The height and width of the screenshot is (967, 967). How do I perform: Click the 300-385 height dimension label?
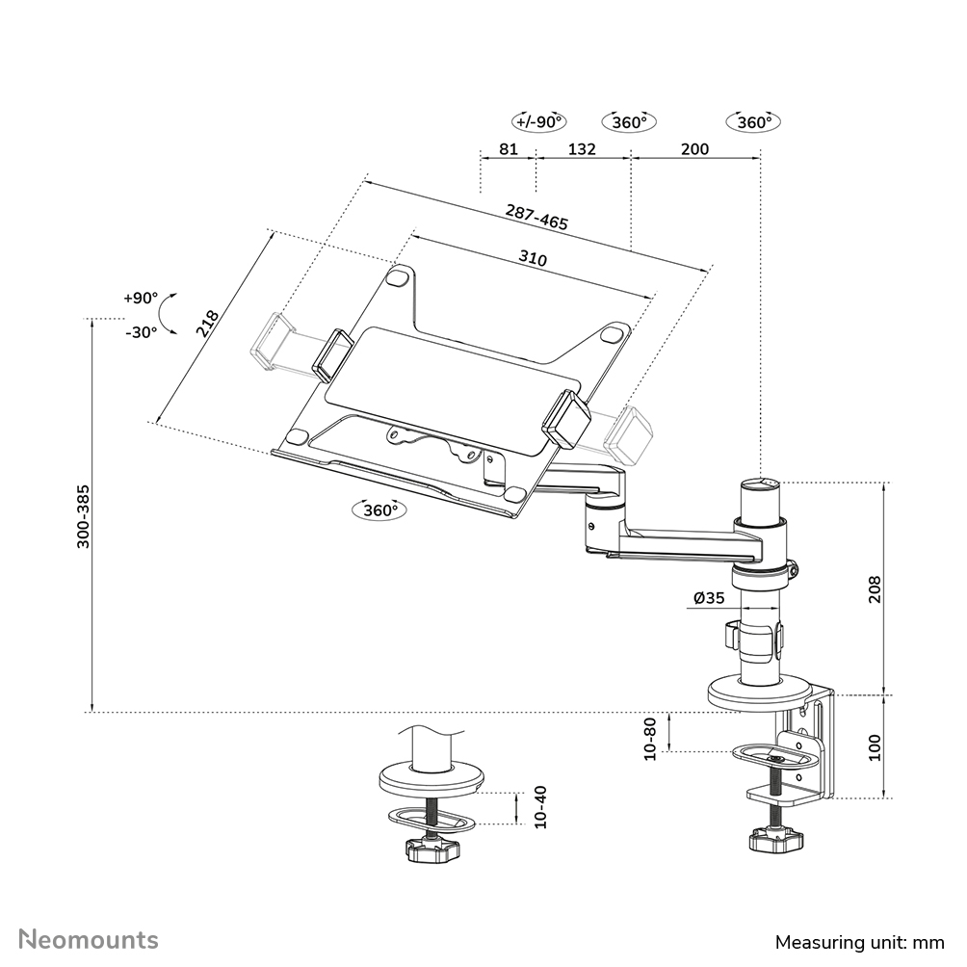84,515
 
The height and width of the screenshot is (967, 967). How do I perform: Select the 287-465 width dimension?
536,217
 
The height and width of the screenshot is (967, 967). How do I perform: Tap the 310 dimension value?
533,259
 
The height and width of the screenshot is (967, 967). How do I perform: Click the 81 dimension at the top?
510,149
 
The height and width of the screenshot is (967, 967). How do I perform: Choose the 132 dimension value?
582,149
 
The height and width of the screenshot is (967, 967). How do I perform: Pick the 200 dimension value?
694,149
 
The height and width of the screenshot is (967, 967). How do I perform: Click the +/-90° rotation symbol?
539,122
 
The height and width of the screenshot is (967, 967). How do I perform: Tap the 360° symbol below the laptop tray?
380,510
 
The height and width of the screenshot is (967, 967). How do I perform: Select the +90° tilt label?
140,298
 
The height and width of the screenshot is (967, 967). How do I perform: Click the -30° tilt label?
140,331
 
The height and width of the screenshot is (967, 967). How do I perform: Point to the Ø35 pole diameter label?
709,598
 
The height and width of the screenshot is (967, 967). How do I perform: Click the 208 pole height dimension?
875,588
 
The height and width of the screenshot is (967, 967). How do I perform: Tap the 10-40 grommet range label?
539,807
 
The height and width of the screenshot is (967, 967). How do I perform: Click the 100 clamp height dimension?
875,747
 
